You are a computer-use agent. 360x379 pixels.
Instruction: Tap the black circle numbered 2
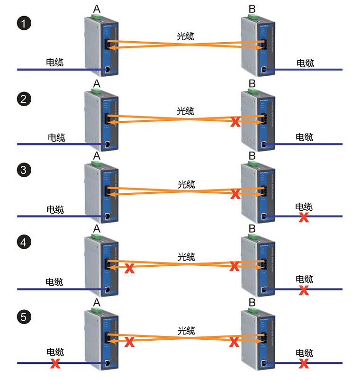(24, 99)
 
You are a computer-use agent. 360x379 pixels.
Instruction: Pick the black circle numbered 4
(24, 243)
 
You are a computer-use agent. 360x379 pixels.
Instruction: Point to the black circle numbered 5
(24, 316)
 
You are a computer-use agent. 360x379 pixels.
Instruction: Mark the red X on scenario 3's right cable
(304, 217)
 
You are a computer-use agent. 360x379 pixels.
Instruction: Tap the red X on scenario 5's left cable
(55, 364)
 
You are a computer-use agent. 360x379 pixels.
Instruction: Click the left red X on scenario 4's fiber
(128, 269)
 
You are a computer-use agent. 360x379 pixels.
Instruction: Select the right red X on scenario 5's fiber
(234, 341)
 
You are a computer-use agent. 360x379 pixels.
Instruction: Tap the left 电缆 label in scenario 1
(55, 62)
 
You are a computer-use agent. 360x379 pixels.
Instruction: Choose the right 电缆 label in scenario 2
(304, 137)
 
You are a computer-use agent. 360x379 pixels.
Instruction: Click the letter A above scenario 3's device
(97, 156)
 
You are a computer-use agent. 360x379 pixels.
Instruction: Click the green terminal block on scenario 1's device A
(97, 18)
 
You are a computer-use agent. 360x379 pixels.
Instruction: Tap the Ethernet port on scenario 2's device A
(108, 144)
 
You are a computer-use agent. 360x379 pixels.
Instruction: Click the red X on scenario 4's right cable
(304, 290)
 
